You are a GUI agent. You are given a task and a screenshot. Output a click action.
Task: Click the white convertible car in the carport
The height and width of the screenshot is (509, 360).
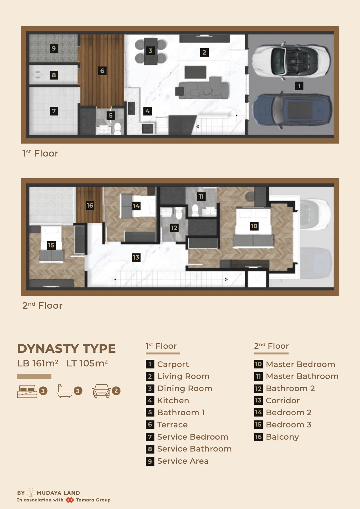(291, 61)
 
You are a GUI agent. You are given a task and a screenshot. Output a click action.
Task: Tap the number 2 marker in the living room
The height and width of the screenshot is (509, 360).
(204, 52)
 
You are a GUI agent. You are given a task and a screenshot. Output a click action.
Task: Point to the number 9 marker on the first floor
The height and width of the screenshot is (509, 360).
(53, 48)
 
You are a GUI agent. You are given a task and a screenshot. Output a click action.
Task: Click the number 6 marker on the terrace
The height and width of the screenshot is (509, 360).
(102, 71)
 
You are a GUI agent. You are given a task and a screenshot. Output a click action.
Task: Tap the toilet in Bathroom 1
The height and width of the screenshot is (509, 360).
(117, 129)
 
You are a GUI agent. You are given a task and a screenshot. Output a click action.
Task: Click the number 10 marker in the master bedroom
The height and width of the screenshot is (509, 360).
(254, 226)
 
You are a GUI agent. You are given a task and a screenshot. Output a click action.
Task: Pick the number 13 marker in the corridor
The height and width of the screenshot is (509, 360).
(136, 257)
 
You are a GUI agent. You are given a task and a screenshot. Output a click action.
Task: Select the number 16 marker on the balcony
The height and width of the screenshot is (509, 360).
(90, 206)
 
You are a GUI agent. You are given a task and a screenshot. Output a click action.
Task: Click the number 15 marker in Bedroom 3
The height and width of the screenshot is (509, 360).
(51, 245)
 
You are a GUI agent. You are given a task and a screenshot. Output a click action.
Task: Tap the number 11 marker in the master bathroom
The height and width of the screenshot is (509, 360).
(201, 197)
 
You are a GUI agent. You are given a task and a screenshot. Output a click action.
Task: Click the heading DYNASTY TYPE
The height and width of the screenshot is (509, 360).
(66, 348)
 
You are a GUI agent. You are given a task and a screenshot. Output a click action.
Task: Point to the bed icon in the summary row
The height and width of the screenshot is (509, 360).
(27, 391)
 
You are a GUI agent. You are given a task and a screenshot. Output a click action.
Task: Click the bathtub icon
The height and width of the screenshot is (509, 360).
(64, 391)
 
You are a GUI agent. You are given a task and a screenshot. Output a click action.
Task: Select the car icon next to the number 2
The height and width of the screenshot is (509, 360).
(102, 391)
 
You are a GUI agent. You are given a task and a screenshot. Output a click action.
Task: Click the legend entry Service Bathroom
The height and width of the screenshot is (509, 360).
(194, 449)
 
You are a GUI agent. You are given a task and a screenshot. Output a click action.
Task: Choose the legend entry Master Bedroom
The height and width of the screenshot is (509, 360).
(300, 364)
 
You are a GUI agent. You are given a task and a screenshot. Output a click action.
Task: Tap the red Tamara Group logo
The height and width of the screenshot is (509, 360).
(70, 500)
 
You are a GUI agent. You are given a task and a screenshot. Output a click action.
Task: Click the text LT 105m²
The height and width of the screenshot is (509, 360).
(87, 363)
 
